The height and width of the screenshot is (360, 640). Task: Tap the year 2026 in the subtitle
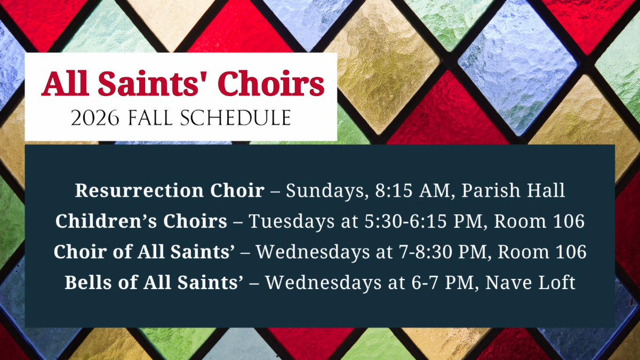pyautogui.click(x=95, y=118)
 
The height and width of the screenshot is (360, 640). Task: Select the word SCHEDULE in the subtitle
pyautogui.click(x=235, y=118)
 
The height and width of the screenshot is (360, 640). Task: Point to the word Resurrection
pyautogui.click(x=139, y=190)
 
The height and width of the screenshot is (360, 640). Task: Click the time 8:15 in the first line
pyautogui.click(x=394, y=190)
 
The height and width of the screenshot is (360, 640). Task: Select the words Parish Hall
pyautogui.click(x=513, y=190)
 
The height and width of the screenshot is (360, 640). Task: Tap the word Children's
pyautogui.click(x=106, y=221)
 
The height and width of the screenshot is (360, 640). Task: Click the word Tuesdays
pyautogui.click(x=291, y=222)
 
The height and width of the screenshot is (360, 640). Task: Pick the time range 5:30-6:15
pyautogui.click(x=405, y=221)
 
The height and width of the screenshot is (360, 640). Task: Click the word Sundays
pyautogui.click(x=325, y=191)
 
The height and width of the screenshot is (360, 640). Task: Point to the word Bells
pyautogui.click(x=88, y=282)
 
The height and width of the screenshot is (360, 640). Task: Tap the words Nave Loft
pyautogui.click(x=530, y=282)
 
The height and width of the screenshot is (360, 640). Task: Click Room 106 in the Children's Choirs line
pyautogui.click(x=539, y=221)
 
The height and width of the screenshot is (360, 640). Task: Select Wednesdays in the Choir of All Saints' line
pyautogui.click(x=313, y=252)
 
